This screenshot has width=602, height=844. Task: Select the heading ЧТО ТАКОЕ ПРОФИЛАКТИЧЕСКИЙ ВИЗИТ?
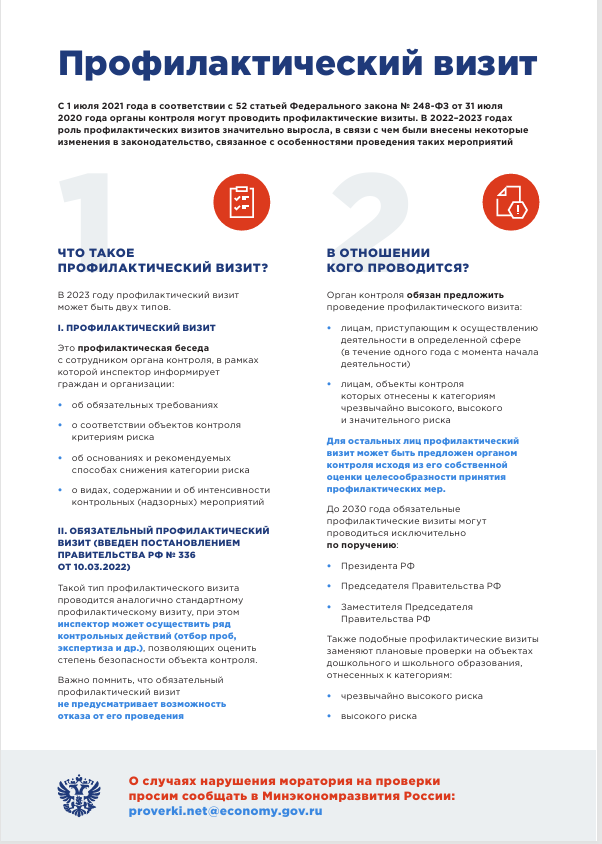163,261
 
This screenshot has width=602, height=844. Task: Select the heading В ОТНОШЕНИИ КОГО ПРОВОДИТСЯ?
398,261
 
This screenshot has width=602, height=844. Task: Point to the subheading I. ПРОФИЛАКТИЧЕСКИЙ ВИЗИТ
136,328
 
